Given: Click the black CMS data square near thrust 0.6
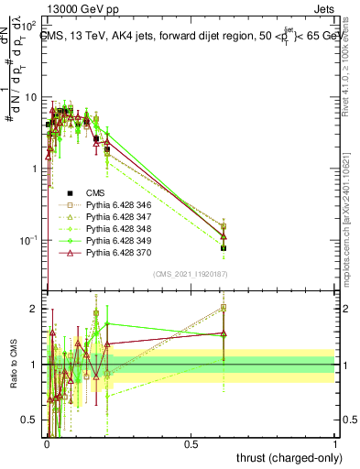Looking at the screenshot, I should pos(224,247).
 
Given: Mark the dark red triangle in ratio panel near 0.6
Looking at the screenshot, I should pos(224,333).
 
